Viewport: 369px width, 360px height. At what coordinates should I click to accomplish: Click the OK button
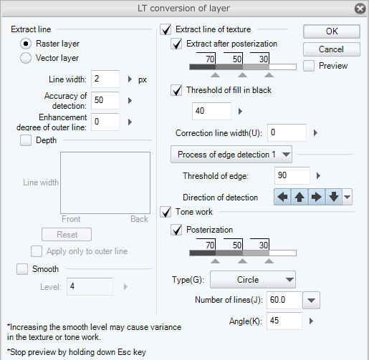click(332, 31)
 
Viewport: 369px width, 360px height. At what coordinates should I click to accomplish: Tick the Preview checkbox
click(309, 66)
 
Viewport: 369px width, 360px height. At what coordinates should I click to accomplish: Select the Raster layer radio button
click(26, 44)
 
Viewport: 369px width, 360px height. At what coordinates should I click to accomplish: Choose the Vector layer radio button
click(26, 58)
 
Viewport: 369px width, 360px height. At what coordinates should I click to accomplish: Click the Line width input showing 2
click(105, 79)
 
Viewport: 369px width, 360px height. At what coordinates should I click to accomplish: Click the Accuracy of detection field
click(105, 100)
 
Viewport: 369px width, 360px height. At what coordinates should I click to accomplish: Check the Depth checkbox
click(26, 140)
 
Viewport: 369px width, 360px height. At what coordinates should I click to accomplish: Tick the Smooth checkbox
click(22, 269)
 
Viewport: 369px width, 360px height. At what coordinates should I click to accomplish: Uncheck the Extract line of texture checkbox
click(166, 29)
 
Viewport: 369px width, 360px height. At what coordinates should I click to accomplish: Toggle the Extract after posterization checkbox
click(176, 44)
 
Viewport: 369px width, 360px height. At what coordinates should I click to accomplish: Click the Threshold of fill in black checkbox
click(176, 90)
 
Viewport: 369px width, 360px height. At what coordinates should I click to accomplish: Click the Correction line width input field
click(287, 132)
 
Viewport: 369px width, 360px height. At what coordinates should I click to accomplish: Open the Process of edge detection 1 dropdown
click(231, 155)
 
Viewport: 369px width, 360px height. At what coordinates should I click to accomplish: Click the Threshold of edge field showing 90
click(292, 175)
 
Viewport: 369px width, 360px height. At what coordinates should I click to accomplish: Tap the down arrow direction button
click(334, 197)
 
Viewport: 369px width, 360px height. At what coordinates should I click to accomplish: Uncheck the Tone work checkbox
click(166, 212)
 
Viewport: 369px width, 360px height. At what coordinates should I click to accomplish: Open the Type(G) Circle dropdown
click(253, 280)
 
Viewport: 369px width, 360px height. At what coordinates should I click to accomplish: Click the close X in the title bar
click(360, 9)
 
